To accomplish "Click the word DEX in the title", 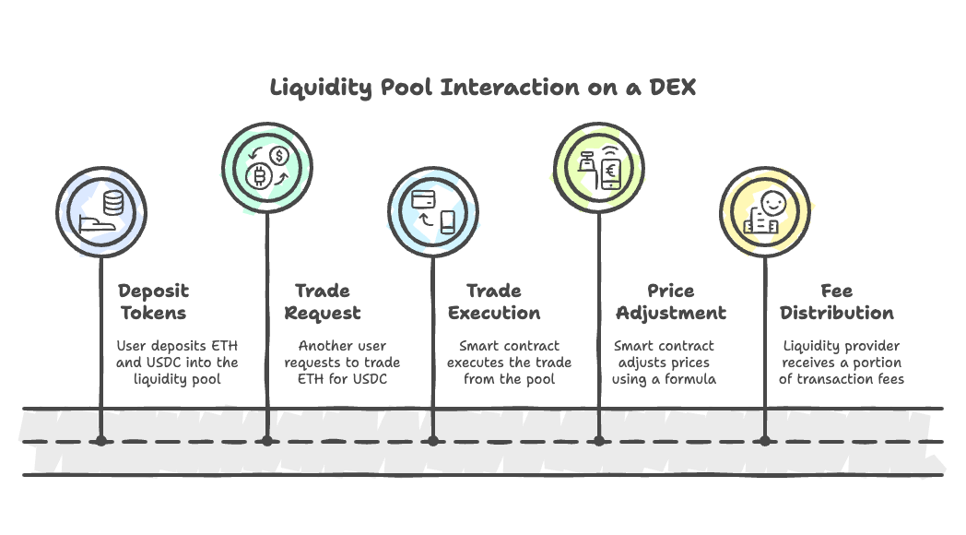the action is (x=672, y=87).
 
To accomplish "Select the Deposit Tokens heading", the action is (x=153, y=302).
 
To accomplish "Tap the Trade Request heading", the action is (x=323, y=302).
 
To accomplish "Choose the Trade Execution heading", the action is (x=494, y=302).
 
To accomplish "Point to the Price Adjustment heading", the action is (x=671, y=302).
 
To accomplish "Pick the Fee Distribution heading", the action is (x=837, y=302).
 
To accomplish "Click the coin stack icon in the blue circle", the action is (x=113, y=203).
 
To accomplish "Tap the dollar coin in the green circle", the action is (x=279, y=156).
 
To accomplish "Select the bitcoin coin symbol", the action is (x=259, y=177).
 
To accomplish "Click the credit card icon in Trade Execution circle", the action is (x=423, y=199).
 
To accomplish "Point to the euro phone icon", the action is (x=611, y=173).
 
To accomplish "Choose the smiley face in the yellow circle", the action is (x=773, y=203).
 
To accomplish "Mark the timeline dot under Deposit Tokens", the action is (x=101, y=441).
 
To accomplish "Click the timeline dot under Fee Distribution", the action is (x=764, y=441).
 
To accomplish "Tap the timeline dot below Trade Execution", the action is (x=433, y=441).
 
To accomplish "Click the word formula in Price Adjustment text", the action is (x=690, y=379).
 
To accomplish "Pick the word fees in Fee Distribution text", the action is (x=890, y=379).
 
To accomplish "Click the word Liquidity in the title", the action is (x=321, y=89).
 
